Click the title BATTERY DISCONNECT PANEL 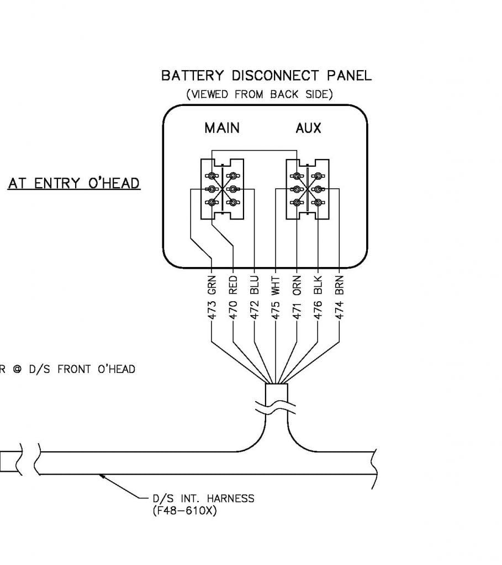coord(266,76)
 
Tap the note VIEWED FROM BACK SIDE coord(260,94)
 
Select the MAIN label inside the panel coord(222,128)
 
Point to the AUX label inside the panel coord(308,128)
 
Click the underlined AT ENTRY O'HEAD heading coord(73,183)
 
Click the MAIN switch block coord(222,189)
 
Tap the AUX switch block coord(307,189)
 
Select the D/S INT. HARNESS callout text coord(203,499)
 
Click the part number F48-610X coord(184,511)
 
